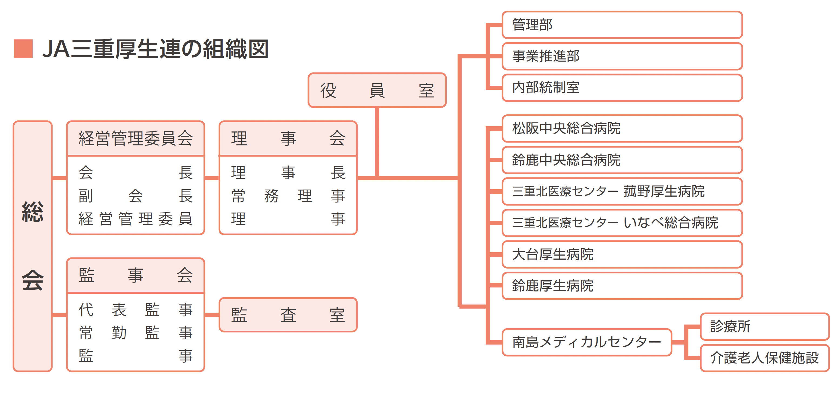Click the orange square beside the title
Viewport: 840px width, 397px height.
(24, 49)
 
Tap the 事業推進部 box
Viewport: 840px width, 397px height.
(622, 56)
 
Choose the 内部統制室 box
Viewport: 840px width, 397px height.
(622, 88)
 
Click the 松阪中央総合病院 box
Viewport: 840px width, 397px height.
(622, 128)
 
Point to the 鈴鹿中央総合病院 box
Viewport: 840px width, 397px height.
(622, 160)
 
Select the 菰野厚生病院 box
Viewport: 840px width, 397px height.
(622, 191)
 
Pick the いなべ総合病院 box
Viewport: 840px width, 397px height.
(622, 223)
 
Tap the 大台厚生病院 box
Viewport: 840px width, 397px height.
(622, 254)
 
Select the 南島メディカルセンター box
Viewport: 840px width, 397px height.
(587, 342)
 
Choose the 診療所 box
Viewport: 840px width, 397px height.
(765, 326)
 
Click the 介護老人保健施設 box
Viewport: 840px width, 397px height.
(765, 358)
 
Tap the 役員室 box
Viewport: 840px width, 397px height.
(377, 90)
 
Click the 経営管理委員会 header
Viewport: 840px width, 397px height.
(135, 138)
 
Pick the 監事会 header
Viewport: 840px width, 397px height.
(135, 275)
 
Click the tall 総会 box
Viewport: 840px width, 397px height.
(33, 246)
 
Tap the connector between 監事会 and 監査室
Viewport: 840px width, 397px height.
(212, 315)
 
